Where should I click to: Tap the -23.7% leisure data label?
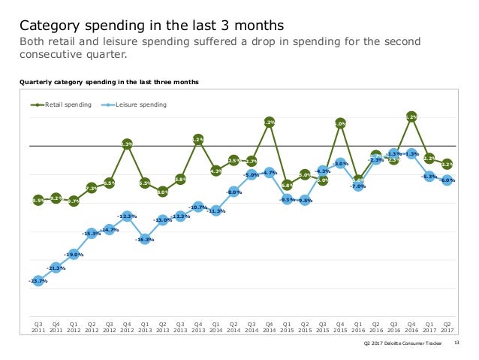point(37,280)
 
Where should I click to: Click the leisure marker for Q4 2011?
point(56,268)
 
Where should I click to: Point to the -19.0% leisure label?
point(73,255)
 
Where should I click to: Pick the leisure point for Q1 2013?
point(145,240)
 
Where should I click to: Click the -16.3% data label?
point(145,240)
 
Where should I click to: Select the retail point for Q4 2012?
point(127,144)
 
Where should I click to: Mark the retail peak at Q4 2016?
point(411,116)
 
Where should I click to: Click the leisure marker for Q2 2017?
point(447,180)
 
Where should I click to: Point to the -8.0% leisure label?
point(233,192)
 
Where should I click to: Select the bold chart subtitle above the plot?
point(109,81)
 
